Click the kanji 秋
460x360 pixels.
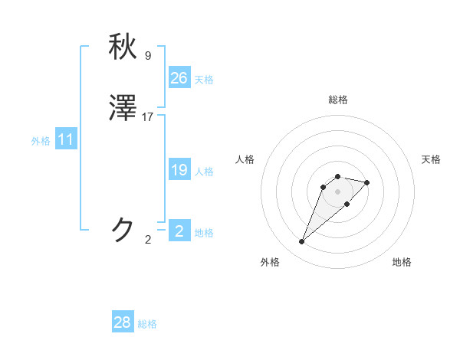point(123,47)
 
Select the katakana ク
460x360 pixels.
point(123,229)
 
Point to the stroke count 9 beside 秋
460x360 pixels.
point(148,55)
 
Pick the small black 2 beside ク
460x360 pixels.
point(148,239)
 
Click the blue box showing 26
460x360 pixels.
point(179,78)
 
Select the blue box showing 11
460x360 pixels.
point(66,140)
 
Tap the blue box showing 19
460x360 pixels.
point(179,170)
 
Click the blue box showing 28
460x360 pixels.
point(123,322)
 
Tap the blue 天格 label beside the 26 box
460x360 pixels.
point(204,80)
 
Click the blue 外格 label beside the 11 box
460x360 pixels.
point(41,141)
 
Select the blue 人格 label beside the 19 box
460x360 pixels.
point(204,172)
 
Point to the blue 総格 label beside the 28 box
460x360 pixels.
point(147,324)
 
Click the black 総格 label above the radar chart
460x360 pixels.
point(337,100)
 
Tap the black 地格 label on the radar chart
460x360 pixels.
point(402,262)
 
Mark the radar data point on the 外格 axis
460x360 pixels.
point(301,242)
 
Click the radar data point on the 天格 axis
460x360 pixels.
point(367,182)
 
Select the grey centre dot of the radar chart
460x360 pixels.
point(337,191)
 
